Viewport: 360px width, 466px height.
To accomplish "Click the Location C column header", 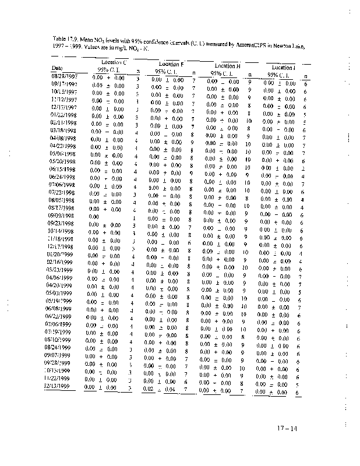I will click(x=114, y=62).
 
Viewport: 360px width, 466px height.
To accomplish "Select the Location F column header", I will click(x=172, y=64).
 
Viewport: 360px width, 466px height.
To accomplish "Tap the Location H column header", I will click(x=228, y=66).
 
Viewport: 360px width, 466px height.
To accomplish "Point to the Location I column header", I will click(x=283, y=68).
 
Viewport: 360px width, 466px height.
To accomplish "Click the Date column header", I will click(x=57, y=68).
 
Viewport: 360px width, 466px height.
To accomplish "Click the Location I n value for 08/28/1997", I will click(x=305, y=84).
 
